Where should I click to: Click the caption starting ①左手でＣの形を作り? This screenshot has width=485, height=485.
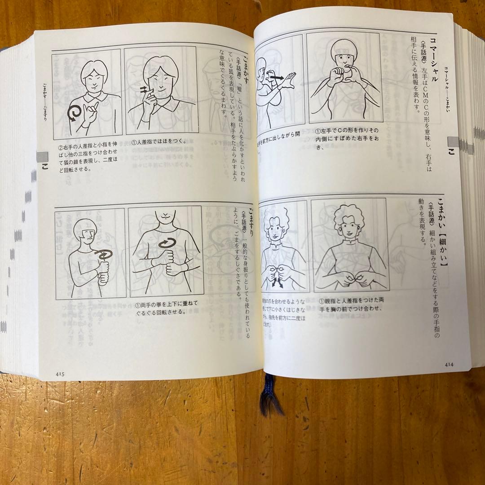click(344, 139)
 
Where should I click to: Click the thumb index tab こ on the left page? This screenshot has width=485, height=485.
click(43, 162)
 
